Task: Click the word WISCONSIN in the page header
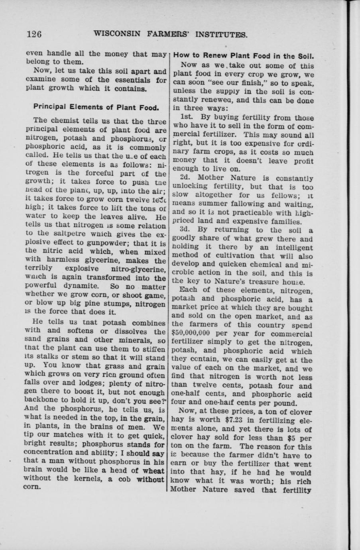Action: pos(117,34)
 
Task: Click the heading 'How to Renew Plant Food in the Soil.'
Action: pos(243,56)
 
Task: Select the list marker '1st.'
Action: pos(187,118)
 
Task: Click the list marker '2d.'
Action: pos(187,178)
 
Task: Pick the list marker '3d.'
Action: pos(187,230)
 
